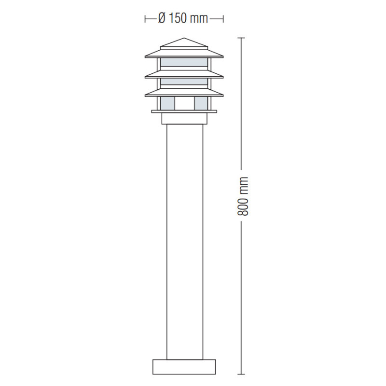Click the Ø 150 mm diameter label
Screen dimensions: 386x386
[183, 18]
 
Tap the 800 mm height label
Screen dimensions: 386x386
[243, 196]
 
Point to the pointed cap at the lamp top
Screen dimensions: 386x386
[184, 43]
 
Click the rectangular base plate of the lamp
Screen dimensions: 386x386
[184, 367]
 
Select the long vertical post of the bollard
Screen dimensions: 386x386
[185, 242]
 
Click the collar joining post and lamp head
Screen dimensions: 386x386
[184, 118]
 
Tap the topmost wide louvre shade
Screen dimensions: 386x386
[184, 54]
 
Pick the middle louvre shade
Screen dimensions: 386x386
[184, 74]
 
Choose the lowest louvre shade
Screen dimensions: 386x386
[184, 92]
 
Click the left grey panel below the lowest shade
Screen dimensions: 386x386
[167, 103]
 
